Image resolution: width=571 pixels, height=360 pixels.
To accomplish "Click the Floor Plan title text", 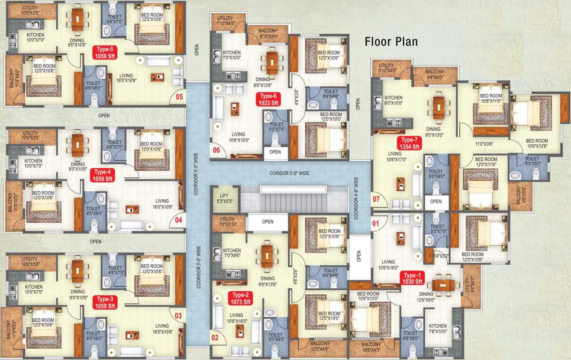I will [391, 42].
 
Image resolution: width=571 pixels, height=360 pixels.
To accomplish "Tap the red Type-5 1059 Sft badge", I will [105, 52].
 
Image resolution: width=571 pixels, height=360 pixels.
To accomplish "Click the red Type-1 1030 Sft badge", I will [412, 278].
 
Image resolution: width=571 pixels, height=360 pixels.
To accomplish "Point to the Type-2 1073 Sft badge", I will [240, 298].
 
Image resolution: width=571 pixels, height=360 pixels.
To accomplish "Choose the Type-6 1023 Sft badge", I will [269, 99].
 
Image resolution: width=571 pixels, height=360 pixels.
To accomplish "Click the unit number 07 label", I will [376, 199].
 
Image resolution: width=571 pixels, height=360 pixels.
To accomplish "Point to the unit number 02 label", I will [215, 337].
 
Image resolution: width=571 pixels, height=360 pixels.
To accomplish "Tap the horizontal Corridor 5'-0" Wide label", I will [289, 173].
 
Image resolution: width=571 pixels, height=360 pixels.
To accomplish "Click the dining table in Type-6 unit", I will [272, 62].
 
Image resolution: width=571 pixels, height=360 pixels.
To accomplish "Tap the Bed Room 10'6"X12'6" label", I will [536, 143].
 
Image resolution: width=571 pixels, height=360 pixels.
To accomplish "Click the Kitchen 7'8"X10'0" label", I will [437, 329].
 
